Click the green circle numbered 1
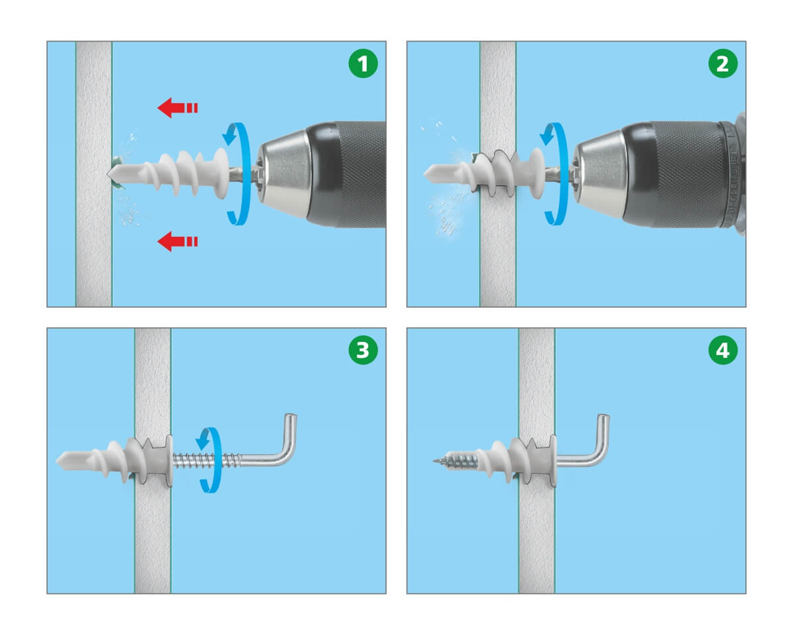[x=363, y=63]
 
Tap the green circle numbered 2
[x=723, y=63]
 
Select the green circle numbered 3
[x=363, y=350]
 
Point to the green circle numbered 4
[x=723, y=350]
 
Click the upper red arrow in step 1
[x=177, y=108]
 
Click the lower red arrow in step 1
[x=177, y=241]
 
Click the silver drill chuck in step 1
[x=283, y=173]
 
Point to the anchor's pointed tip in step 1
[x=108, y=173]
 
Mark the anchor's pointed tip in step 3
[x=57, y=460]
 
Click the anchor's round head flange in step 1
[x=221, y=173]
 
